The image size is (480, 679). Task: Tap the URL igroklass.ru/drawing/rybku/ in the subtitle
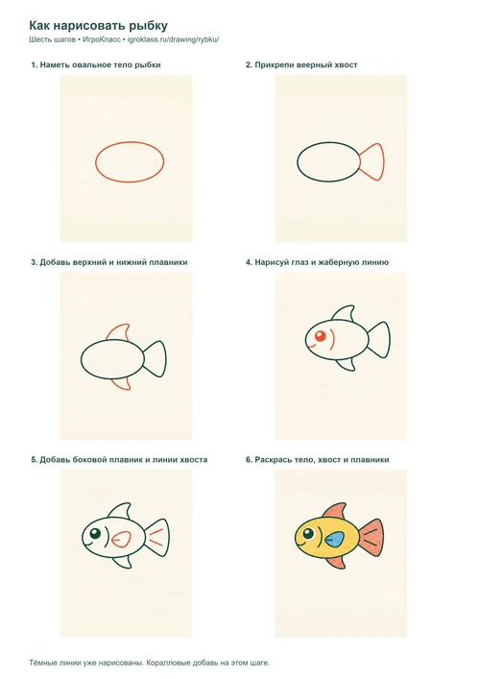point(173,39)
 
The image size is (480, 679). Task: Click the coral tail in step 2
point(372,162)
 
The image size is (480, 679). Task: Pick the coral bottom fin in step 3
point(122,384)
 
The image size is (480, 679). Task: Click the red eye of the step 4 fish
point(321,336)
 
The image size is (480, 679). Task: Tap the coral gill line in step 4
point(332,339)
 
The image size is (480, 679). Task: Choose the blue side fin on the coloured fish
point(335,539)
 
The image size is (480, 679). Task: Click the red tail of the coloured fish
point(372,538)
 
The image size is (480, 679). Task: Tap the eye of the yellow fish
point(309,534)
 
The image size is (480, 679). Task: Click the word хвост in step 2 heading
point(347,65)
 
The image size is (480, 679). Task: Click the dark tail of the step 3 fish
point(155,359)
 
